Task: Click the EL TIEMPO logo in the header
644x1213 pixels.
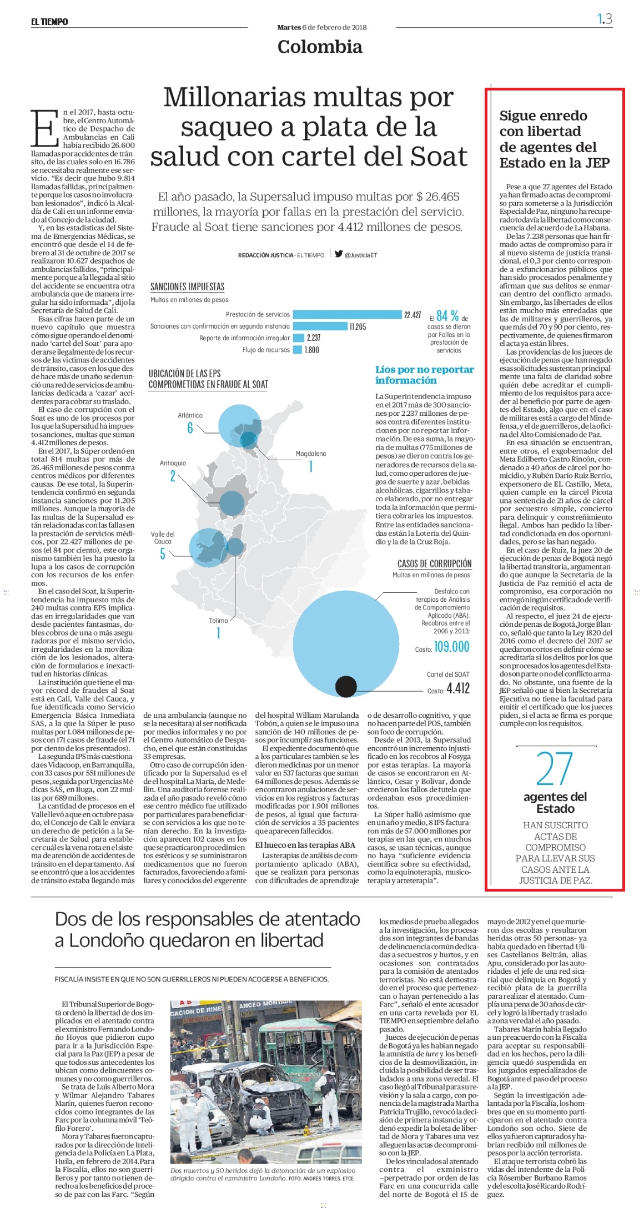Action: (49, 22)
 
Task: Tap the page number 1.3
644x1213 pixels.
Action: (605, 19)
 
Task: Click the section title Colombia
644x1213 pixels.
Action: (320, 47)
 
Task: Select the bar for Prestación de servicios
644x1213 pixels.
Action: (347, 315)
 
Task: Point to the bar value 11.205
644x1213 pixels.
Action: (358, 326)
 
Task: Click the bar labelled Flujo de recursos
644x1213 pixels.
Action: (298, 350)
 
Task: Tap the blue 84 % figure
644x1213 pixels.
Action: (447, 316)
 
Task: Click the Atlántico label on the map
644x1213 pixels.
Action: (190, 415)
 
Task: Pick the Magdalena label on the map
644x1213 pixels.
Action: (311, 454)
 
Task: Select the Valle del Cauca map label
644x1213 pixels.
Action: (163, 538)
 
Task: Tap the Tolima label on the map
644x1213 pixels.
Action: (218, 621)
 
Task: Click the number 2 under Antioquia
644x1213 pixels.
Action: (173, 476)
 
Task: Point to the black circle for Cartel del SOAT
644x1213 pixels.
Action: (346, 686)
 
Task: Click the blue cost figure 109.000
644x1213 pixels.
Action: (451, 647)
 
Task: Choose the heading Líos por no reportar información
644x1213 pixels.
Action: (425, 375)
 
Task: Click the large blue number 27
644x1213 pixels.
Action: (555, 768)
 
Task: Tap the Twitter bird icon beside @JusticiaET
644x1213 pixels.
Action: (338, 254)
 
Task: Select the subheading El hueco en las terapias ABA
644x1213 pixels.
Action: (305, 845)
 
